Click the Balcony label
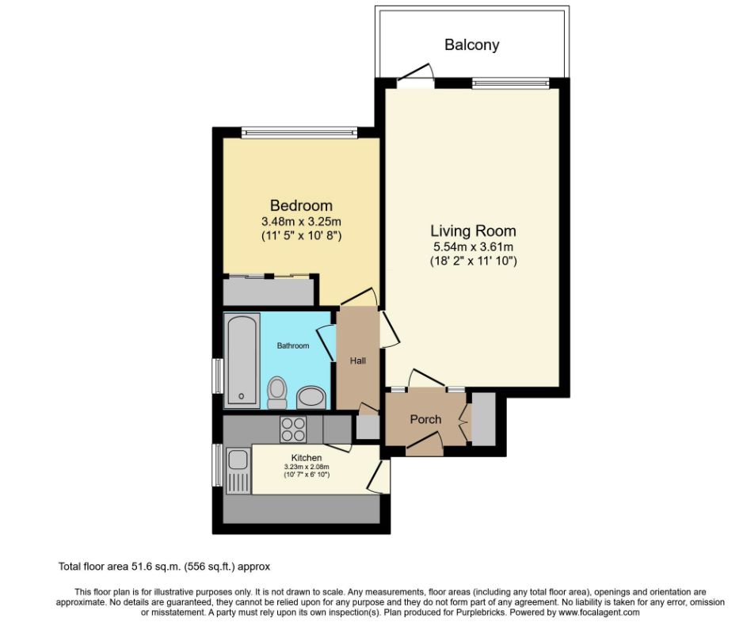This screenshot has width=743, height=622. (471, 44)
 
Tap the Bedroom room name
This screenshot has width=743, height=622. (301, 205)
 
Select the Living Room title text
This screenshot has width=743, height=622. (473, 231)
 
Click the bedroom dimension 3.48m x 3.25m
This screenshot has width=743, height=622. (301, 221)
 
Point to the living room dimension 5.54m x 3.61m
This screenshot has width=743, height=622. (474, 247)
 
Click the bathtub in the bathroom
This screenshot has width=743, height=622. (242, 361)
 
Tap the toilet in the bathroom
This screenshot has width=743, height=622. (276, 392)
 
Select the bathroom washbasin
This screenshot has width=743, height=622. (311, 397)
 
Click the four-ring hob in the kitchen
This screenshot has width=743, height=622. (292, 429)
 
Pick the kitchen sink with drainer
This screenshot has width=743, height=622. (238, 471)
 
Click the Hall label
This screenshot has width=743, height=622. (358, 361)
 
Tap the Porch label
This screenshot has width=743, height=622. (425, 419)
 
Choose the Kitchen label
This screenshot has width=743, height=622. (307, 457)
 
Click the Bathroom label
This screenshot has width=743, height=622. (293, 345)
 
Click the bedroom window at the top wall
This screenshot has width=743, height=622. (299, 132)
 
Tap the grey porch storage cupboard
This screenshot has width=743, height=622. (483, 418)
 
